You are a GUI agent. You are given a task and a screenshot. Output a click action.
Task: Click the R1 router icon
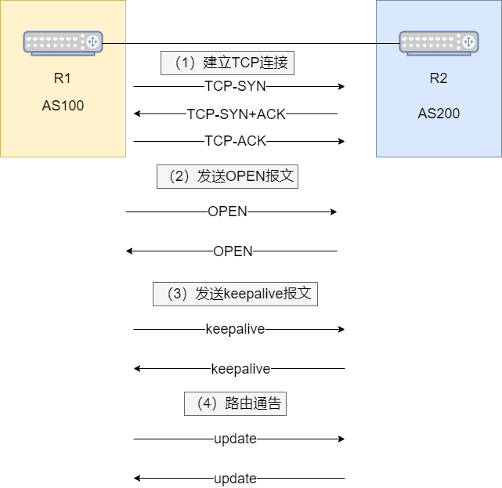pos(63,42)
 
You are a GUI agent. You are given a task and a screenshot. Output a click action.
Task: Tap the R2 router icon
pos(439,42)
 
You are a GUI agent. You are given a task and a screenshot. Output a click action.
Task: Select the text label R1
pos(63,78)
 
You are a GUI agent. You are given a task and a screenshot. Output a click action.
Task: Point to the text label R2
pos(439,78)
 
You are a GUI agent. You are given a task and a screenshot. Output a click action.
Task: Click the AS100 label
pos(63,106)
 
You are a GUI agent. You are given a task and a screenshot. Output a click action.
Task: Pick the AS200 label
pos(439,114)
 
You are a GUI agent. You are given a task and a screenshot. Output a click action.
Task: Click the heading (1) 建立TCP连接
pos(227,63)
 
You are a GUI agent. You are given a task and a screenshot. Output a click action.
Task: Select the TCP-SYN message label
pos(235,86)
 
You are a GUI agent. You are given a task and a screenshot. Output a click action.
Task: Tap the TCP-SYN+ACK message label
pos(236,114)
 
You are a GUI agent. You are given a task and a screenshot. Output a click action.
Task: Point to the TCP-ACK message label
pos(235,141)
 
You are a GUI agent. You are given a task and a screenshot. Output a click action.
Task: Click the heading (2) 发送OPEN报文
pos(227,176)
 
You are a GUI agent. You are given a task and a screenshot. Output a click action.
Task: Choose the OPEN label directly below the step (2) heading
pos(227,211)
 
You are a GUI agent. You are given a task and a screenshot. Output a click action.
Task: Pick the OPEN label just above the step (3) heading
pos(233,251)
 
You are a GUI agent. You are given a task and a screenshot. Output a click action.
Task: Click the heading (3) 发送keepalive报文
pos(235,294)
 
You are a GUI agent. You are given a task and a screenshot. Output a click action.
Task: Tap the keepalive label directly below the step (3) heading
pos(235,329)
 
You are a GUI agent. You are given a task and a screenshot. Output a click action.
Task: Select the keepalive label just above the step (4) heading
pos(240,369)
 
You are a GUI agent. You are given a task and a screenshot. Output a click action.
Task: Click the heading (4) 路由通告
pos(235,403)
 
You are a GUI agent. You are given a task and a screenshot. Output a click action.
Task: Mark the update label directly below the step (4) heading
pos(235,439)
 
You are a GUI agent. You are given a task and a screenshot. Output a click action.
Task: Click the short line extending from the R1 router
pos(114,43)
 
